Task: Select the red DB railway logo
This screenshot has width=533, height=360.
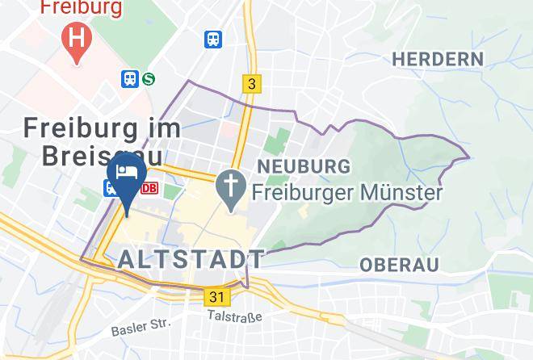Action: click(149, 188)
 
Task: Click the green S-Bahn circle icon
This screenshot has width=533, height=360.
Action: click(149, 79)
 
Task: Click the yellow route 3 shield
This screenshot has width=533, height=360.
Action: click(252, 83)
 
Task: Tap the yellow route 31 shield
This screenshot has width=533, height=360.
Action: click(216, 297)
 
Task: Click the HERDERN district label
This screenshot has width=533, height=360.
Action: click(437, 59)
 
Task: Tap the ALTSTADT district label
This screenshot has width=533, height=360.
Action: click(191, 259)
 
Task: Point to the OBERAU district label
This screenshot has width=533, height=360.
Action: click(399, 265)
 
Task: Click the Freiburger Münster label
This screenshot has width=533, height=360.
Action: click(346, 193)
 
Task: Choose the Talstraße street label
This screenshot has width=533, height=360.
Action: click(234, 316)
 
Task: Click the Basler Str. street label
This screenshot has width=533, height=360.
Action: click(141, 327)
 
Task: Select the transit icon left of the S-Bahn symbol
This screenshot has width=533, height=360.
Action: click(130, 79)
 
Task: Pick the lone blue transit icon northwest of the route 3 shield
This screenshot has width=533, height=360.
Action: click(213, 39)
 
